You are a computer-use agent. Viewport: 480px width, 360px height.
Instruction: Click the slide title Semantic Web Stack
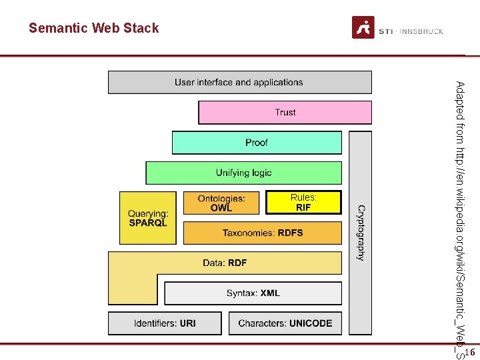94,28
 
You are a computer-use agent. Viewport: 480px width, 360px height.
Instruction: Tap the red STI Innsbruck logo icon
363,27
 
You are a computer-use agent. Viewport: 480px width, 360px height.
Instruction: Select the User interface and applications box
239,83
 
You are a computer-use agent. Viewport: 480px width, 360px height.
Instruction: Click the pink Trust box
285,113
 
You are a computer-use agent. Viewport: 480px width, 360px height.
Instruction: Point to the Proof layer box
257,143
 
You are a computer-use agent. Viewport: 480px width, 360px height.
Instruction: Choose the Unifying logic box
243,173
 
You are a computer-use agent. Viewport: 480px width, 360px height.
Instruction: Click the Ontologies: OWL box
221,203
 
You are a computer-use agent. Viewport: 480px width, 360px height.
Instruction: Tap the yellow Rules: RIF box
303,202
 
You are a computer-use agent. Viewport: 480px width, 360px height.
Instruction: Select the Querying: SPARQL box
148,219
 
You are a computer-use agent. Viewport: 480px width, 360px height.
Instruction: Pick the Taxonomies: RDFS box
262,233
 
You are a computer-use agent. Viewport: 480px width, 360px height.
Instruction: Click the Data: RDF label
225,263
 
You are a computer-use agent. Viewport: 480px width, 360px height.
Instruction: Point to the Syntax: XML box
253,293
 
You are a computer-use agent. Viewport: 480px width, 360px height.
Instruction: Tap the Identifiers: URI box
165,323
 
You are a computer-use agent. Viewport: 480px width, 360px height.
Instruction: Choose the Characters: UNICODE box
285,323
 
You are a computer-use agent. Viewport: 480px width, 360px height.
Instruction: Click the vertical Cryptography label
361,232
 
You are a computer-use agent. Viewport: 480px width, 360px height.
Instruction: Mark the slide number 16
469,351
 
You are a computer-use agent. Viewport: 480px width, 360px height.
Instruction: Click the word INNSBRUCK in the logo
421,31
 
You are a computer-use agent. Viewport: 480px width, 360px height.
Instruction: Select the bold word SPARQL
148,223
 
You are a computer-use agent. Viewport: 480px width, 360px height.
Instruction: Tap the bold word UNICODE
310,323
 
